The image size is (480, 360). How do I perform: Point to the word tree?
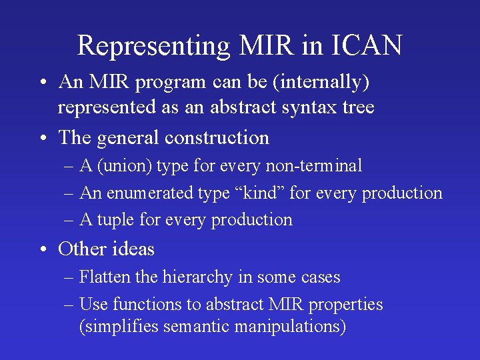(x=357, y=107)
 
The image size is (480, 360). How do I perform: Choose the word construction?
(x=217, y=138)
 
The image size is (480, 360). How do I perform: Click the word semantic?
(x=197, y=327)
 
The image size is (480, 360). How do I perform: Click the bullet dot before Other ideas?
(x=43, y=250)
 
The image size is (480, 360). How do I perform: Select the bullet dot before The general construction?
(x=43, y=139)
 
